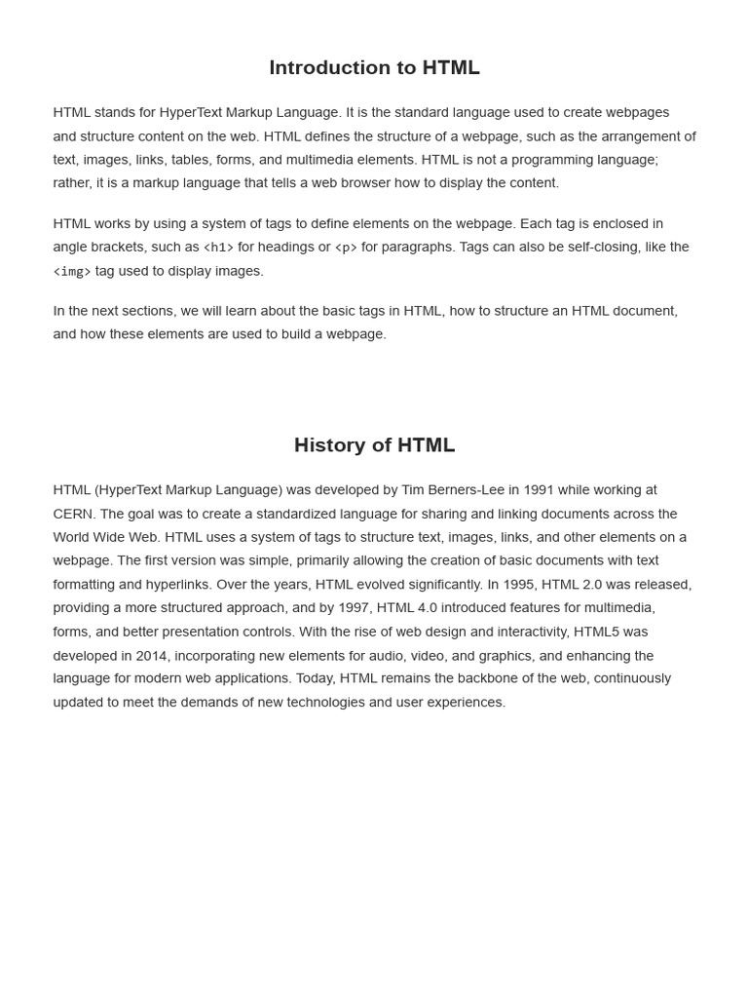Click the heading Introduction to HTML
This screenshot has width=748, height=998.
point(374,67)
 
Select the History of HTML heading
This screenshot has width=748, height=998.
point(374,444)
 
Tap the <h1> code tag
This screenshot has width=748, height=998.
point(218,248)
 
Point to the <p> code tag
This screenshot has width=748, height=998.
point(346,248)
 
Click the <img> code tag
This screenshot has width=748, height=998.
point(72,271)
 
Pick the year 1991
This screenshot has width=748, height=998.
point(539,489)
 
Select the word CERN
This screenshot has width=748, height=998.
point(74,514)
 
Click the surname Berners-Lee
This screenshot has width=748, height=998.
point(466,489)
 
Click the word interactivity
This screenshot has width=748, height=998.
point(532,632)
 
